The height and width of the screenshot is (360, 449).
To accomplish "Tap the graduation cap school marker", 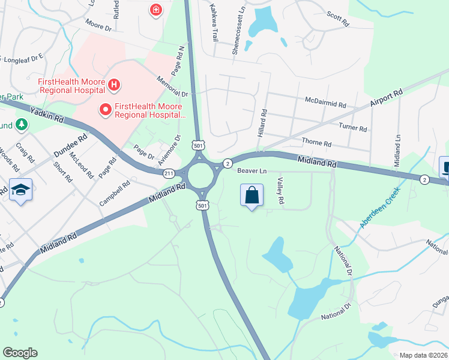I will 21,191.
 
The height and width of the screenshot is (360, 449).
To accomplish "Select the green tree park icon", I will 22,124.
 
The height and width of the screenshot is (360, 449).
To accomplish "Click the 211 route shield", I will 169,173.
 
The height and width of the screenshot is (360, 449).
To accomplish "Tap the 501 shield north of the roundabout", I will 199,146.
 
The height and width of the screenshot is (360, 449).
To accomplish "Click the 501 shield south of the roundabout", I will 203,206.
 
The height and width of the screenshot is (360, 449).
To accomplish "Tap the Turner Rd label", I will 352,128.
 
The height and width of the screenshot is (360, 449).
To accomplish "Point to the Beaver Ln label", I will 251,171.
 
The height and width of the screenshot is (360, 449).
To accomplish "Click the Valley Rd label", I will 280,191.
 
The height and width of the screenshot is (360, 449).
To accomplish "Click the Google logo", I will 20,353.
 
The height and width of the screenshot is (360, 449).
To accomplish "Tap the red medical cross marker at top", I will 156,10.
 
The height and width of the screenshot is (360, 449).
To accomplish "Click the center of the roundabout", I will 202,176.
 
